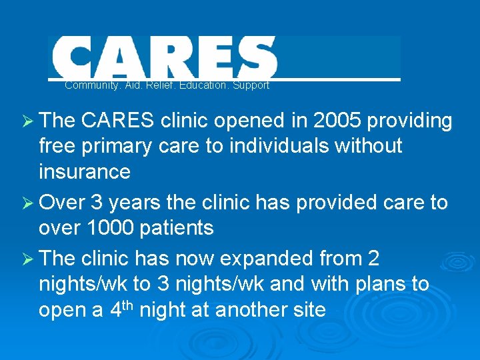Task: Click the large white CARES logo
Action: click(163, 57)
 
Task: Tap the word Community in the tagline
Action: click(87, 85)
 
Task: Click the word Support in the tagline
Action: click(251, 85)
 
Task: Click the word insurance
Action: click(85, 171)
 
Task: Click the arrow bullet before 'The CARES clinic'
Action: click(27, 121)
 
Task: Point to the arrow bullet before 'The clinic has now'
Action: click(27, 259)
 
